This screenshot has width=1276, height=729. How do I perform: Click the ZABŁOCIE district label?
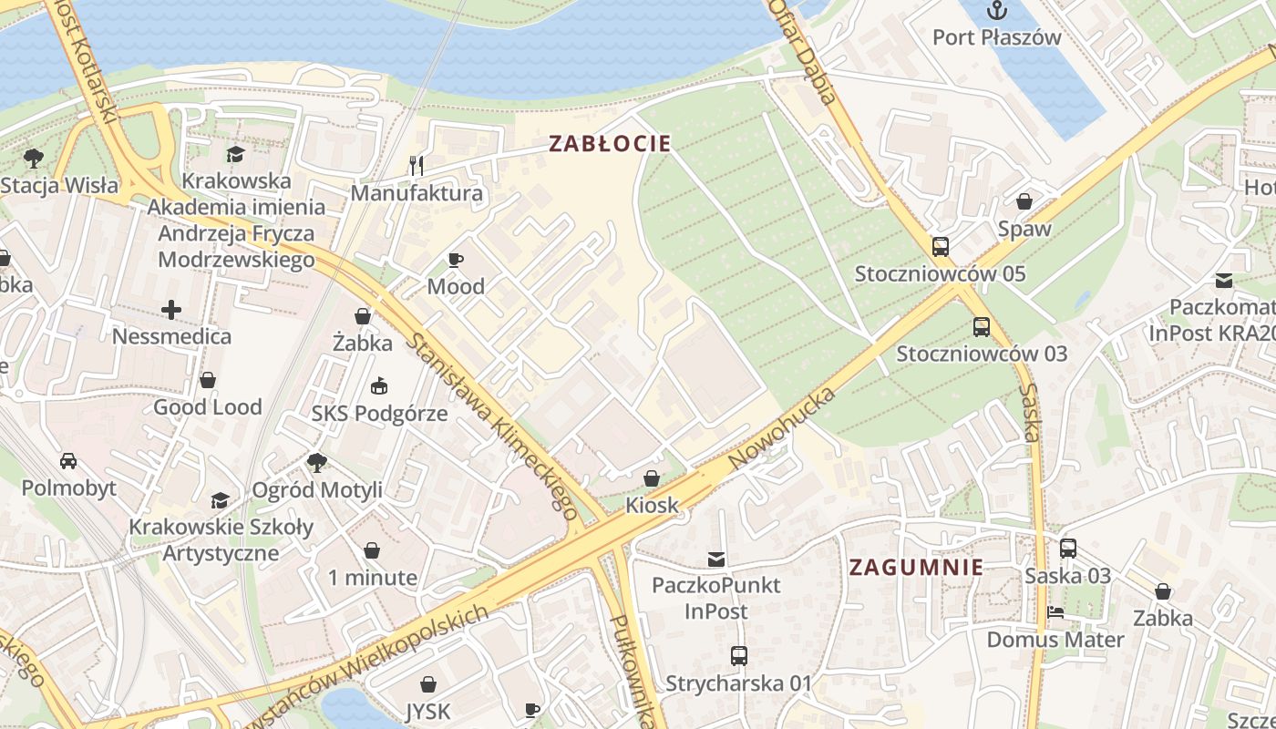[610, 143]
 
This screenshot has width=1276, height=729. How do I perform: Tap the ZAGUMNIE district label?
[916, 567]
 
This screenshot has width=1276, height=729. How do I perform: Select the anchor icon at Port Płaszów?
[997, 12]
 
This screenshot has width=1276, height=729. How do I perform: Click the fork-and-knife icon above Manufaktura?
[417, 165]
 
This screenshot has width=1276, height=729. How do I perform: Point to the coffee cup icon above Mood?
[456, 260]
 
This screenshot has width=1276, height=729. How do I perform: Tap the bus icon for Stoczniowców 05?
[940, 247]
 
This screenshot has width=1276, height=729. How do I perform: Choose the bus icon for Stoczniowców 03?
[981, 326]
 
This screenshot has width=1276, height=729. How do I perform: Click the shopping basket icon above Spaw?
[1024, 201]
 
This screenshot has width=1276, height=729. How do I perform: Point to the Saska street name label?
[1031, 412]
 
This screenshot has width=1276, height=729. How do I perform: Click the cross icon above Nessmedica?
[171, 310]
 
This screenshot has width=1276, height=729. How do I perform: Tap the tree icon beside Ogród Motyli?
[316, 463]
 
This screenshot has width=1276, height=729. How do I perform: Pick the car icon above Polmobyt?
[68, 460]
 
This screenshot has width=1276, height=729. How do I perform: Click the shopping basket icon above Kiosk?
[652, 478]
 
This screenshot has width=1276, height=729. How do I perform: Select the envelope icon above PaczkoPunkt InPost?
[716, 559]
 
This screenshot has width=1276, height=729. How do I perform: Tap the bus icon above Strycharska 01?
[738, 655]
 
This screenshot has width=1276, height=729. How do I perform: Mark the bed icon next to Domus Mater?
[1055, 612]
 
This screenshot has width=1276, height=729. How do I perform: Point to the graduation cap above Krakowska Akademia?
[236, 154]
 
